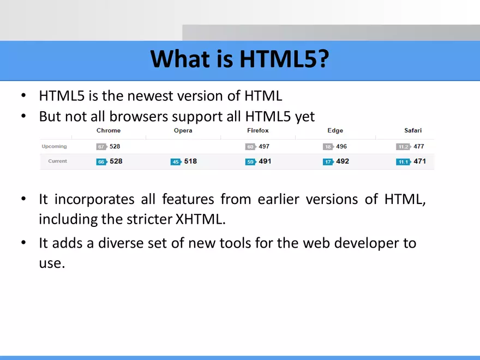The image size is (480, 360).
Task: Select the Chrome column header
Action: tap(109, 131)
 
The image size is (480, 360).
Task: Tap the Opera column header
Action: tap(183, 131)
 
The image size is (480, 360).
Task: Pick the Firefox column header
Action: tap(258, 131)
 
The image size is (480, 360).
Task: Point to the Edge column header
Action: tap(335, 131)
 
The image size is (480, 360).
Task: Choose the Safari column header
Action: tap(413, 131)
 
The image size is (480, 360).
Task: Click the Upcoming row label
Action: tap(55, 146)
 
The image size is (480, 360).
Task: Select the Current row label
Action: tap(57, 161)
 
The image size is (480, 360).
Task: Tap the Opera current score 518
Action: tap(190, 161)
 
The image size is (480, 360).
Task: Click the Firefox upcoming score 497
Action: tap(264, 146)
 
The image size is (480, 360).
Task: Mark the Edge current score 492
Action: tap(343, 161)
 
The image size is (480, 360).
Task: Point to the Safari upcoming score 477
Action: tap(419, 146)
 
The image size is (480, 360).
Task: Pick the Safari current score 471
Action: tap(419, 161)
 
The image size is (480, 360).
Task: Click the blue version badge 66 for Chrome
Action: tap(101, 162)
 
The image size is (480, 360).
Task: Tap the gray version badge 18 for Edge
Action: tap(328, 147)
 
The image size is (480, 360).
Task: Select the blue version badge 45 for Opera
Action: tap(176, 162)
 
